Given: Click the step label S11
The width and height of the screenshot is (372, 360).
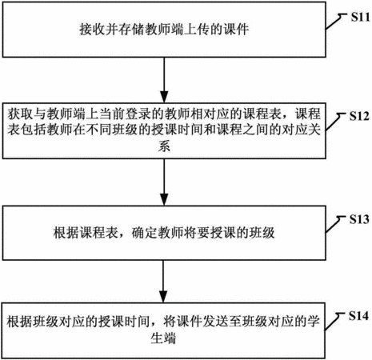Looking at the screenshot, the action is [360, 17].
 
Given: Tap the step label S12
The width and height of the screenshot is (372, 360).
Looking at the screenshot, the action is [359, 116].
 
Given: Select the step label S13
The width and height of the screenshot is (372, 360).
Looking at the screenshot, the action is [359, 219].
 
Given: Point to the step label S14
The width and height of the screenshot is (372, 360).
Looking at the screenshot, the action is [359, 316].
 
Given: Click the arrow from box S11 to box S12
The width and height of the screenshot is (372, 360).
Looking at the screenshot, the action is [164, 80].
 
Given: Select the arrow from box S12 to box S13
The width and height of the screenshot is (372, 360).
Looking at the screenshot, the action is [164, 182].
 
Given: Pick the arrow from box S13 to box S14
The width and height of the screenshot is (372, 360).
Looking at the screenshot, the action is [163, 282].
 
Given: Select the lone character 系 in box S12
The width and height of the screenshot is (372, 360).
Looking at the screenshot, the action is [164, 146].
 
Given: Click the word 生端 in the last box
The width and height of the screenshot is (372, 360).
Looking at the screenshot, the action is [163, 338].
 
